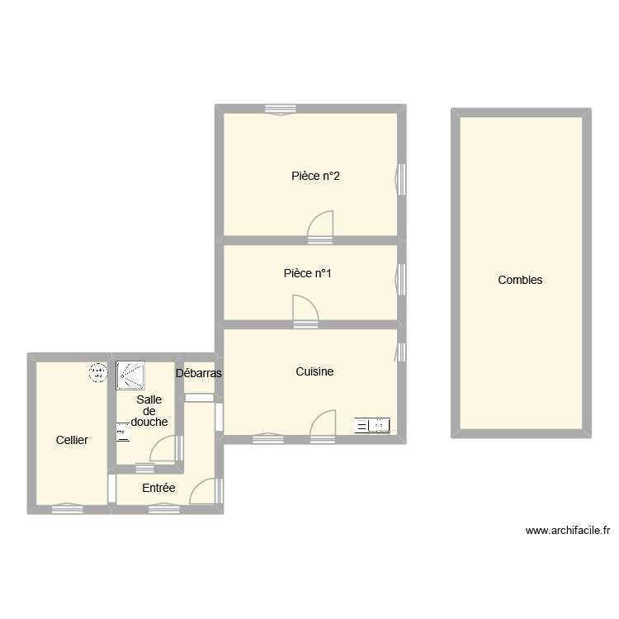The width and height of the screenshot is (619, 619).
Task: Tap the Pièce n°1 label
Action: [307, 274]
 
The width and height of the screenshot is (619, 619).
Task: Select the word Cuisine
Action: [314, 371]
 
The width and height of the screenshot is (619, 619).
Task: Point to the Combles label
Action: [520, 280]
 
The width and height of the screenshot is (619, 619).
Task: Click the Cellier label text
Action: [72, 440]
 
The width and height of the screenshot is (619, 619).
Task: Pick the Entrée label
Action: [158, 488]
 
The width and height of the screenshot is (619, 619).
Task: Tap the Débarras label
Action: [199, 373]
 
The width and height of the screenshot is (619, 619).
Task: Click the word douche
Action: [149, 422]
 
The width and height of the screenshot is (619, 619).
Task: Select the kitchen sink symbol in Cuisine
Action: [371, 426]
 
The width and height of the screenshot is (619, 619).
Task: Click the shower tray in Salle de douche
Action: [130, 375]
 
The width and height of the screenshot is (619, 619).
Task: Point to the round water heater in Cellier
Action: [97, 373]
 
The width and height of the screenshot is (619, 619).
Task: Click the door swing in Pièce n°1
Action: [305, 309]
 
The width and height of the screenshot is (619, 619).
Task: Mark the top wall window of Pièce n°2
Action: [281, 109]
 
